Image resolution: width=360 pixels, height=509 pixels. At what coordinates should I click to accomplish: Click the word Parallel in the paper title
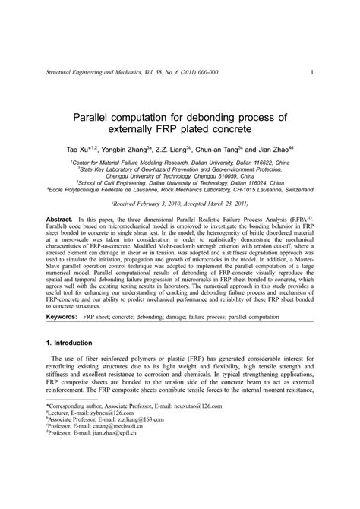click(x=98, y=118)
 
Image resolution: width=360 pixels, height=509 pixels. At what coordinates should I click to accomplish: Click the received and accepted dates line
click(x=180, y=206)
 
